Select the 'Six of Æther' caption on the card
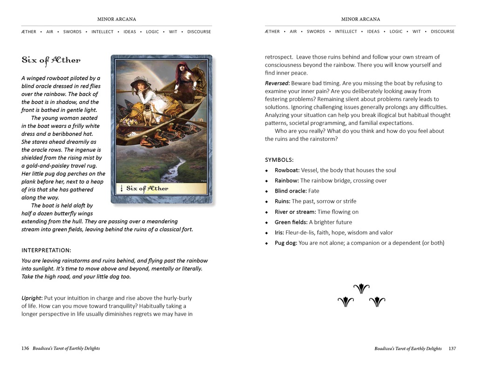(x=147, y=188)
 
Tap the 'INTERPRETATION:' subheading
(x=46, y=250)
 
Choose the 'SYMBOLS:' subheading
(x=279, y=159)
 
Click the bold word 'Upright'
(x=32, y=298)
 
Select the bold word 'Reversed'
(x=277, y=83)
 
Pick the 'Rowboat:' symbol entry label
(x=287, y=170)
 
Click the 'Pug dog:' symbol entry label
(x=286, y=243)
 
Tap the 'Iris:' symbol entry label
(x=281, y=233)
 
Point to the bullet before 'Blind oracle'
(x=267, y=191)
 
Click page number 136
(x=25, y=348)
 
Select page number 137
(x=452, y=348)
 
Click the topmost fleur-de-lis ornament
(x=361, y=289)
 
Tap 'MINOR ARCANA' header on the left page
(x=116, y=19)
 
